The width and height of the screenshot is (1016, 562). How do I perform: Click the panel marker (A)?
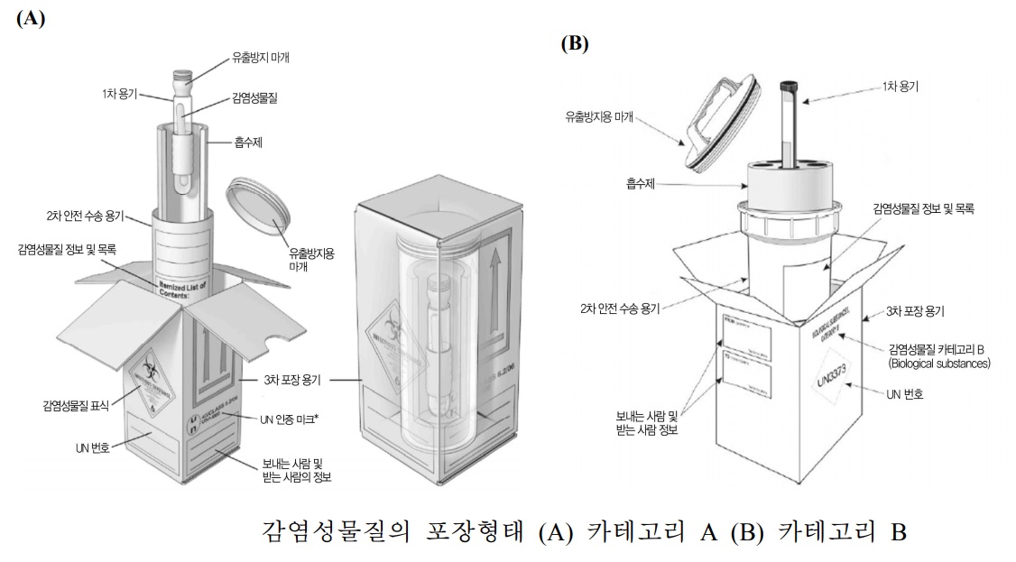(x=31, y=19)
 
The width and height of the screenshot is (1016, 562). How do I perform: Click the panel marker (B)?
(x=575, y=42)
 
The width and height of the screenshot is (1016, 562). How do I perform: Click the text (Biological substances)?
(x=938, y=364)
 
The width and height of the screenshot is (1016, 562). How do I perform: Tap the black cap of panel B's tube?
(x=787, y=87)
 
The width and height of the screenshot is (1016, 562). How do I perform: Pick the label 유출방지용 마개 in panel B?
(x=603, y=116)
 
